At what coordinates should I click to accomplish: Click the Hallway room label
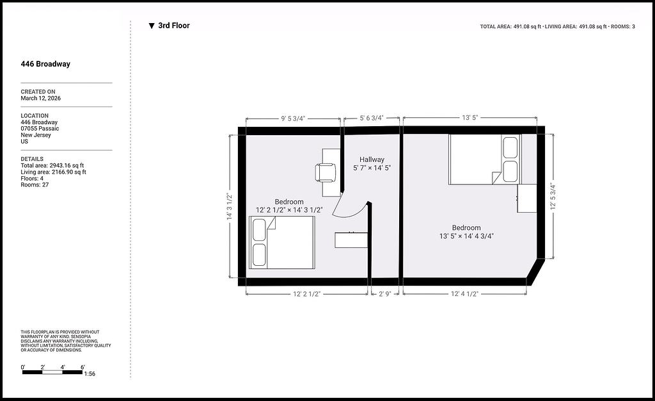372,160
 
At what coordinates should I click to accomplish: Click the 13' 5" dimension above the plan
470,117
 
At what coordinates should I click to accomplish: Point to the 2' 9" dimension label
384,294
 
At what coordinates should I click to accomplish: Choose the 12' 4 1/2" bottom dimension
464,294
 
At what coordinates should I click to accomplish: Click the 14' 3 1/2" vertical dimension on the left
230,206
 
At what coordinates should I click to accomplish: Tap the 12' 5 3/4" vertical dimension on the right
553,196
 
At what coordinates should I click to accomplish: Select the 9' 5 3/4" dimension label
293,119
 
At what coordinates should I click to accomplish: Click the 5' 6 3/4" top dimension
372,118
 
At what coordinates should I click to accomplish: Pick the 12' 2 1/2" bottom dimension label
306,294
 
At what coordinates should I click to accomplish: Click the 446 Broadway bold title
45,64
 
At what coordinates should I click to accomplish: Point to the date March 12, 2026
40,98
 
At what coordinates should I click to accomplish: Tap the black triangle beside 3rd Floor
152,26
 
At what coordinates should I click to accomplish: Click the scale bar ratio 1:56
90,374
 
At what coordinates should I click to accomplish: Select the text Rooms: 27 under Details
35,184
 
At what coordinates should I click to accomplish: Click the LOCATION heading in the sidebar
35,116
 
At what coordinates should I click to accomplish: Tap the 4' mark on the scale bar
63,368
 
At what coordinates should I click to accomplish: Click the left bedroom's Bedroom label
289,202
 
